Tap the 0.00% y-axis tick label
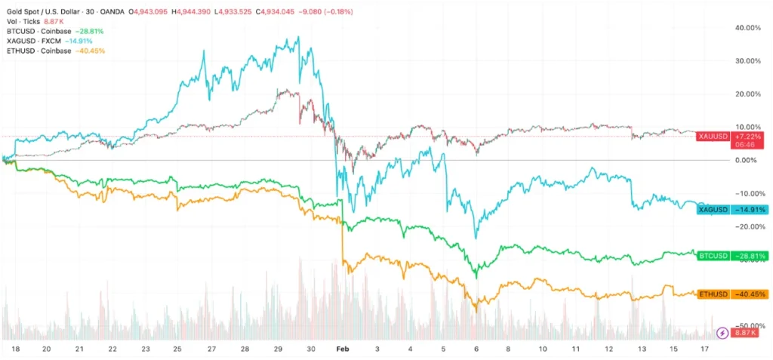pos(747,160)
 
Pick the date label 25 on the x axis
pos(177,350)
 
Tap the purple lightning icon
pos(722,332)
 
